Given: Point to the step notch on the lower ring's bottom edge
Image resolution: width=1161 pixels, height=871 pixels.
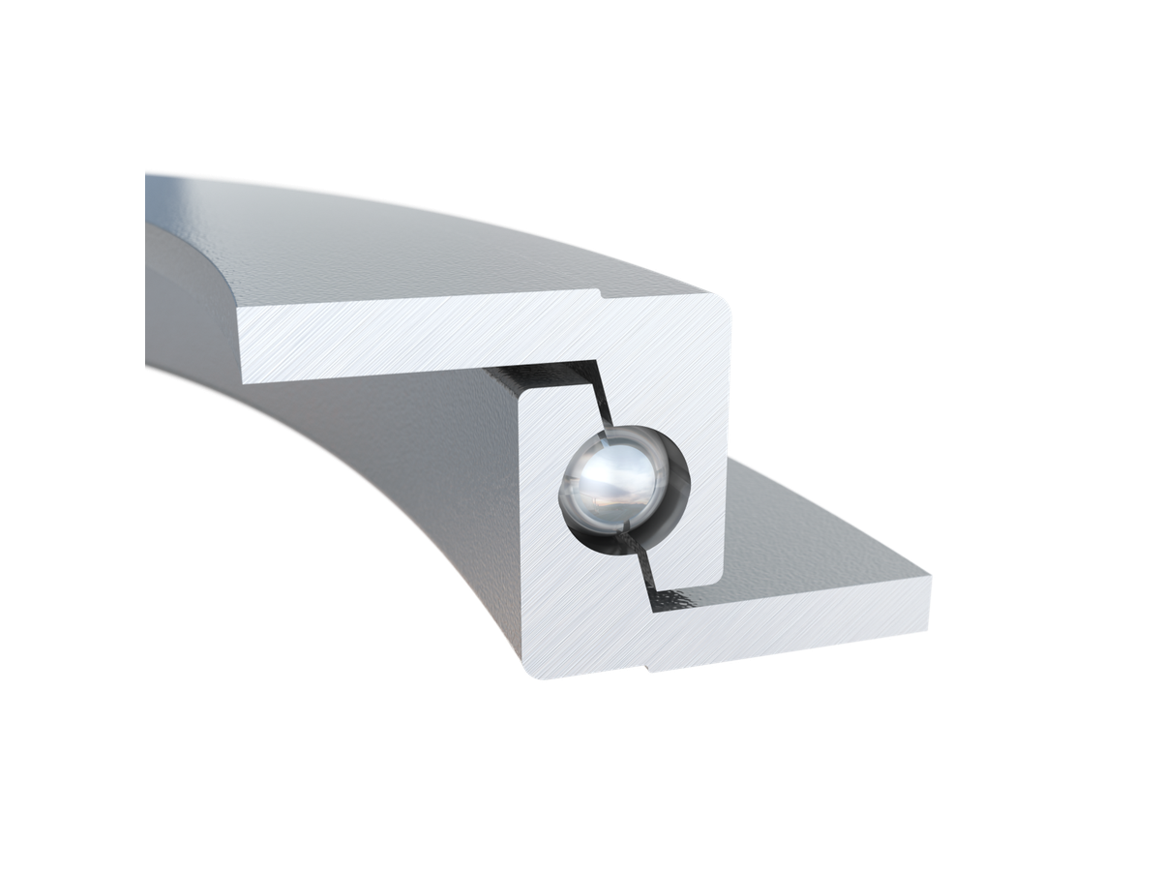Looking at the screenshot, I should click(647, 667).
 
